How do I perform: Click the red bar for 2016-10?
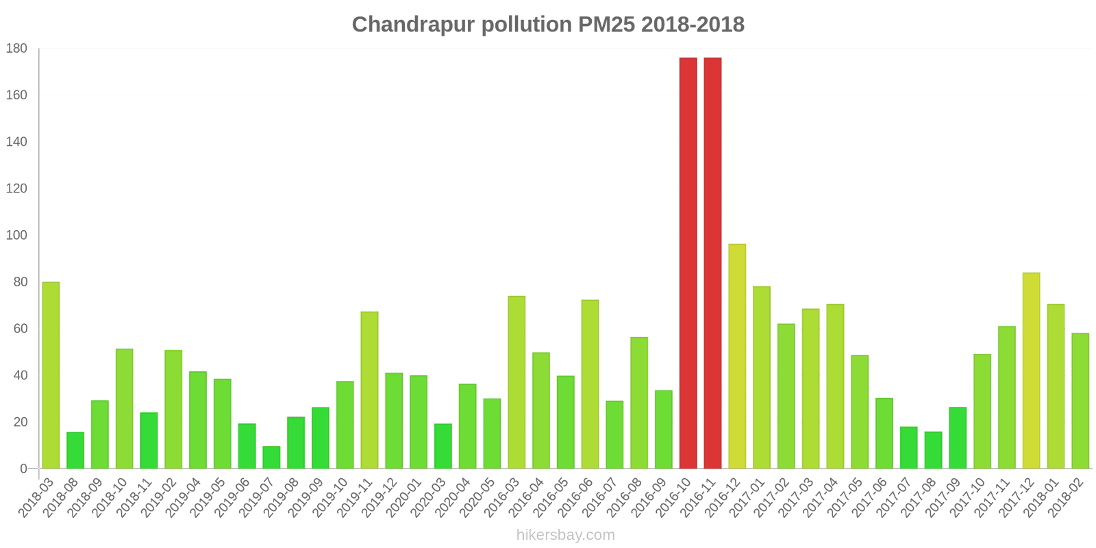click(688, 263)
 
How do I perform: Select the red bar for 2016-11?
click(712, 263)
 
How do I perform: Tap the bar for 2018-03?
click(51, 375)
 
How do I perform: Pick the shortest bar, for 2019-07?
click(271, 458)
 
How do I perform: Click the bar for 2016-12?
click(737, 356)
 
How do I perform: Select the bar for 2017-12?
click(1031, 371)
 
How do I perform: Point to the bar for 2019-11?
click(369, 390)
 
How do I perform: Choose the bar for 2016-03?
click(516, 382)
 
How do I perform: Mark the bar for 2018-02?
click(1080, 401)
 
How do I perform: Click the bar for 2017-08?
click(933, 450)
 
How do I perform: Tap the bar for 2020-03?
click(443, 446)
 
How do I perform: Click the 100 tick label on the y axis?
click(16, 236)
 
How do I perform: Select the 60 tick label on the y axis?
click(20, 329)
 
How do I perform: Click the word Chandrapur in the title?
click(414, 25)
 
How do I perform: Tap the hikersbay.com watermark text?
click(565, 535)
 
